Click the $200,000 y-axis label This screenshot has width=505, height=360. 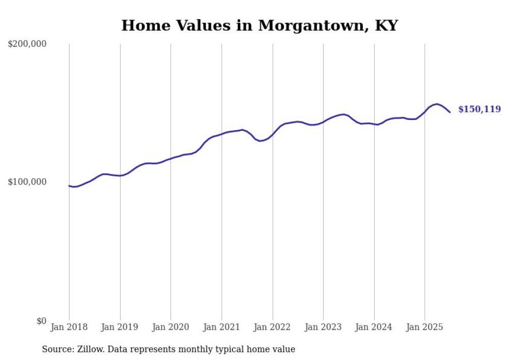pos(27,44)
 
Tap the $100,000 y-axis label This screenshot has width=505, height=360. pos(27,182)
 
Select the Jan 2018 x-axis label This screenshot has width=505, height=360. pos(69,327)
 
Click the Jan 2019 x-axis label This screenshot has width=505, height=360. pos(120,327)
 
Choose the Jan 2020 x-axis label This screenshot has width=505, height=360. pos(171,327)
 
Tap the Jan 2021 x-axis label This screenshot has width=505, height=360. pos(222,327)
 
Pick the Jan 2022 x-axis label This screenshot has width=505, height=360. pos(272,327)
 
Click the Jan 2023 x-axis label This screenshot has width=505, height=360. pos(323,327)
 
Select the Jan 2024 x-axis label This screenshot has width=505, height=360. pos(374,327)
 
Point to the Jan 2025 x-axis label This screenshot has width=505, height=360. pos(425,327)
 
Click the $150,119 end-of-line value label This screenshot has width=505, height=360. pos(479,109)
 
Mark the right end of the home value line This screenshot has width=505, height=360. pos(450,112)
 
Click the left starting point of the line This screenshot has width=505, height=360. pos(69,186)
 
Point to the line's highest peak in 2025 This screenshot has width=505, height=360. pos(437,104)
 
